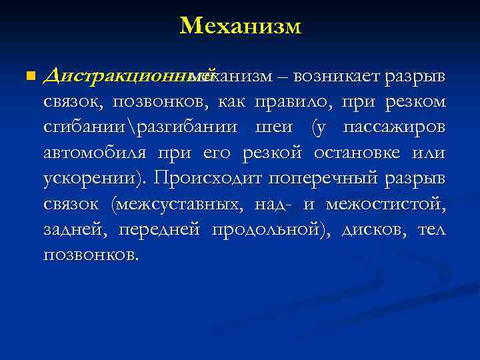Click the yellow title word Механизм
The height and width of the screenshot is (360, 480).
pyautogui.click(x=240, y=26)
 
